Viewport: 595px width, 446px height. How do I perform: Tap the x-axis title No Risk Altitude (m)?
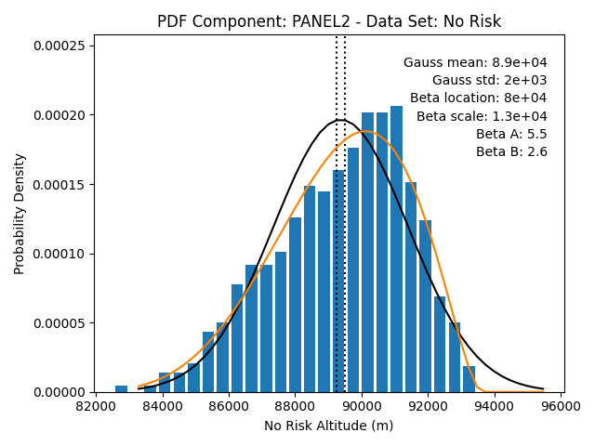point(328,426)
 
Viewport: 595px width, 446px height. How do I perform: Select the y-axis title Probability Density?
point(19,214)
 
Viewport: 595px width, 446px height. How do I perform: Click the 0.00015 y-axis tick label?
point(61,185)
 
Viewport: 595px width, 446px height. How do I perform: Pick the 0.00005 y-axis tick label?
point(61,323)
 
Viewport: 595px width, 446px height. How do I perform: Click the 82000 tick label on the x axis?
point(96,406)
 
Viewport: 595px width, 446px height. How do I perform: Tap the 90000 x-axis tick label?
point(362,406)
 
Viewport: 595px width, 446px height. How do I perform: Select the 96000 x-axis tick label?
point(561,406)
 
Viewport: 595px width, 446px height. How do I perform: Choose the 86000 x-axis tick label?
point(229,406)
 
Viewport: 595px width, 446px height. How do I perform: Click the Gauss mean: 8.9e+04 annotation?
point(475,62)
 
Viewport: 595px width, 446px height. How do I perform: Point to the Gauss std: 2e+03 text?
point(490,81)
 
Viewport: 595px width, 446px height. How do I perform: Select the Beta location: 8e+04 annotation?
point(479,98)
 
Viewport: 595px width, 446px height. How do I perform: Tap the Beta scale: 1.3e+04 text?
point(482,116)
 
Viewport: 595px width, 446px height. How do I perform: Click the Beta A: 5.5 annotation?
point(511,134)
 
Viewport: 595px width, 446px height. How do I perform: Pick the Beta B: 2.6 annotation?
point(511,151)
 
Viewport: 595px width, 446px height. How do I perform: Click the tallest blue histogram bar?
point(397,249)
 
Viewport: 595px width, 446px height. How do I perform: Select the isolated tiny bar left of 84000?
point(121,389)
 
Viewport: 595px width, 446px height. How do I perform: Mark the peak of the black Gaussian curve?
point(340,120)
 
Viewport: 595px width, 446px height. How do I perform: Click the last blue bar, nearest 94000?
point(469,379)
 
